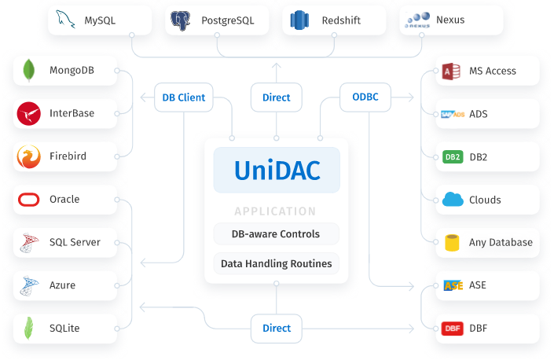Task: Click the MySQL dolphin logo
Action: tap(67, 20)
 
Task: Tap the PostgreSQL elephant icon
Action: tap(181, 20)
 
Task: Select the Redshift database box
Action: tap(334, 20)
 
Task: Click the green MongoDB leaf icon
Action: tap(29, 71)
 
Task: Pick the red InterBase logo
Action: tap(29, 113)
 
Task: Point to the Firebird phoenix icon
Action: tap(29, 156)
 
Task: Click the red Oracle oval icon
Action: tap(29, 200)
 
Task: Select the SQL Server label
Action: tap(75, 242)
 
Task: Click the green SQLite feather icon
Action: tap(29, 329)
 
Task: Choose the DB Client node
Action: tap(183, 97)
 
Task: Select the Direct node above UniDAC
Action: tap(276, 97)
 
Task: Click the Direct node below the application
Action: tap(276, 328)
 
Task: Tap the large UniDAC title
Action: tap(277, 170)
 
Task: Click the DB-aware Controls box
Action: tap(276, 233)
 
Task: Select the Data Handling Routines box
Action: tap(276, 264)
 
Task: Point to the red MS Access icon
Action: tap(451, 71)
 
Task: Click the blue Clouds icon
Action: tap(453, 200)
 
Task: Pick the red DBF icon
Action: tap(452, 329)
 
